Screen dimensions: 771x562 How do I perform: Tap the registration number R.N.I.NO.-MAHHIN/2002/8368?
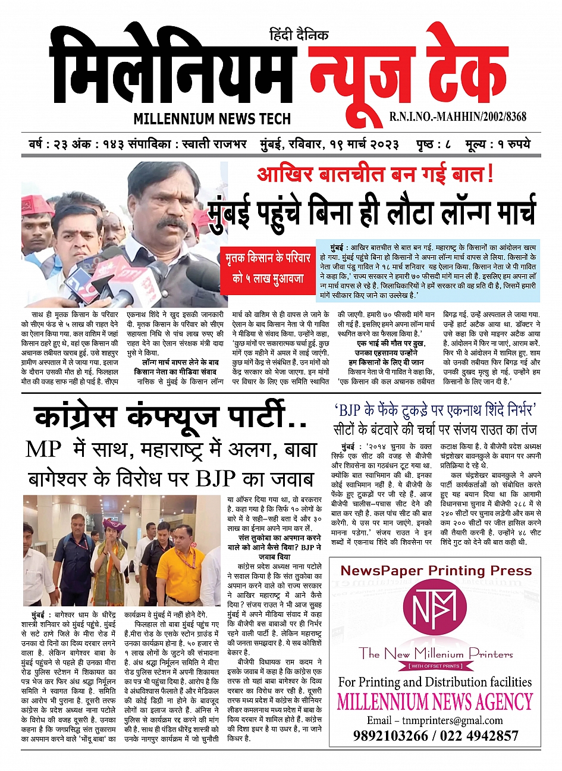pos(458,117)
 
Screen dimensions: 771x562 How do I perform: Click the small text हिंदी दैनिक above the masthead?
pos(299,35)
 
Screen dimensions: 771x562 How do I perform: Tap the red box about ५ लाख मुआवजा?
pos(268,268)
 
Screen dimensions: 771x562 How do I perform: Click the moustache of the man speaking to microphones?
pos(173,223)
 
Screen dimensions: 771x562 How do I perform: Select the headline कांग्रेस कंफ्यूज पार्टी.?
pos(171,417)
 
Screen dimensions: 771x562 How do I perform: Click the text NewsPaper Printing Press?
pos(436,571)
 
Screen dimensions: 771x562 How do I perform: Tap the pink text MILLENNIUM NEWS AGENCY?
pos(435,702)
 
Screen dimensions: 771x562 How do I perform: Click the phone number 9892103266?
pos(390,736)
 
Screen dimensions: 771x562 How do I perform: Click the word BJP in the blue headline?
pos(354,409)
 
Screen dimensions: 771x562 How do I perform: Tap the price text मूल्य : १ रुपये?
pos(498,145)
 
